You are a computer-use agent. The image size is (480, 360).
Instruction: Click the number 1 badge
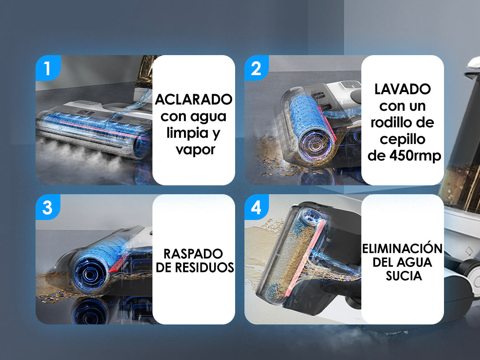[x=48, y=68]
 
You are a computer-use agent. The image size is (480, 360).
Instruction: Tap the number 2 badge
[x=256, y=68]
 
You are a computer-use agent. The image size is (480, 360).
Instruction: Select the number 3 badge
[x=48, y=207]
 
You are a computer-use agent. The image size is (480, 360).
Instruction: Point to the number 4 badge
[x=256, y=207]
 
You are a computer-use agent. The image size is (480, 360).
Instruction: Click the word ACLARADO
[x=193, y=100]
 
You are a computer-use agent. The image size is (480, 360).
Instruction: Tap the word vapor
[x=196, y=150]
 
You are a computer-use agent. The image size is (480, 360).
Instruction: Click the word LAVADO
[x=403, y=89]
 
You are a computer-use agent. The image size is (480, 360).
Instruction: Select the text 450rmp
[x=415, y=156]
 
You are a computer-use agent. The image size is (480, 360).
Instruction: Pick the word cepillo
[x=402, y=139]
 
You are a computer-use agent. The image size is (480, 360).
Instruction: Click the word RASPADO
[x=193, y=254]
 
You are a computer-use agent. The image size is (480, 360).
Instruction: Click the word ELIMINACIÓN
[x=402, y=248]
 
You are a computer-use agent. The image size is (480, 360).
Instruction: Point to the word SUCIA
[x=404, y=276]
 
